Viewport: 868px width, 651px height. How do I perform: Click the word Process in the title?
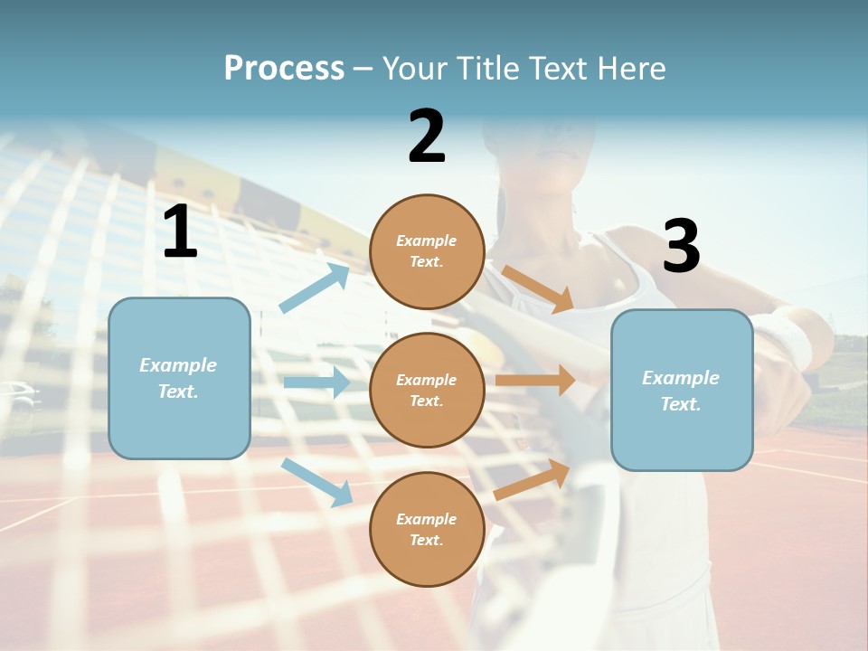[284, 69]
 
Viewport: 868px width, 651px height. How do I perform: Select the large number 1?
[180, 232]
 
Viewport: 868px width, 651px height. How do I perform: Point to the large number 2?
[427, 137]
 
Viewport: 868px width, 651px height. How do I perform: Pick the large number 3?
[681, 246]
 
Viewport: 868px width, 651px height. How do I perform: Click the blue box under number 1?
[179, 378]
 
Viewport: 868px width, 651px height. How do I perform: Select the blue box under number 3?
[682, 390]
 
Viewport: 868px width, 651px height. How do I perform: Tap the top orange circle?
[427, 251]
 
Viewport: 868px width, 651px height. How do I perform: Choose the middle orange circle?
[427, 390]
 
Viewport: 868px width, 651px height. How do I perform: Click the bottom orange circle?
[427, 529]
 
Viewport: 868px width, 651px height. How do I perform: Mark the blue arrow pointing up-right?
[315, 288]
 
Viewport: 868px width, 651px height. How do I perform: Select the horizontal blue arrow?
[316, 382]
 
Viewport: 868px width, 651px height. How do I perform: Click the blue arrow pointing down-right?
[317, 482]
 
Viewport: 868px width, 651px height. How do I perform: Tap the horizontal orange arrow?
[535, 381]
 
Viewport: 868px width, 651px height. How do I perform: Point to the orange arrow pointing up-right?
[533, 479]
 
